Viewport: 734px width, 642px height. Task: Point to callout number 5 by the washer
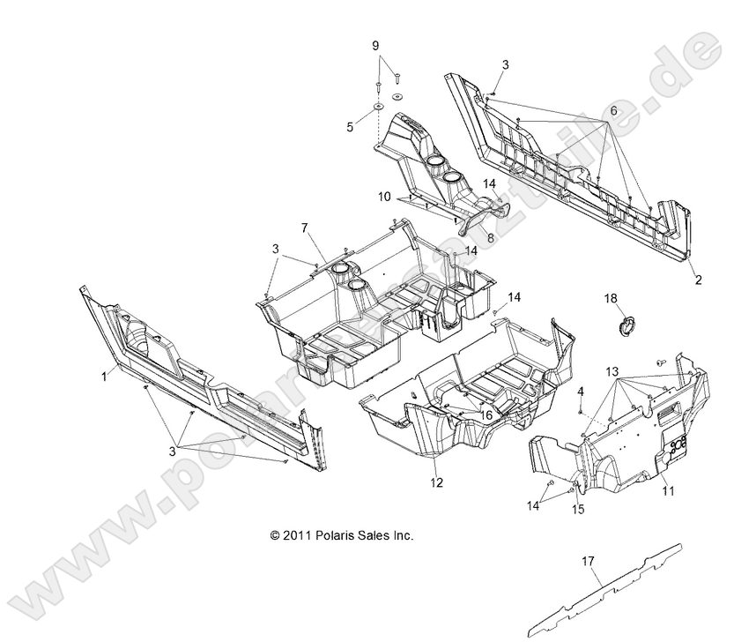click(x=349, y=127)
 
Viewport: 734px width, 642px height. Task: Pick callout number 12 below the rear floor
click(x=436, y=482)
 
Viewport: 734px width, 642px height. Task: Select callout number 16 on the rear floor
click(x=486, y=414)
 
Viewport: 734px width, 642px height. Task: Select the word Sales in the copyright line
click(x=374, y=534)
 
